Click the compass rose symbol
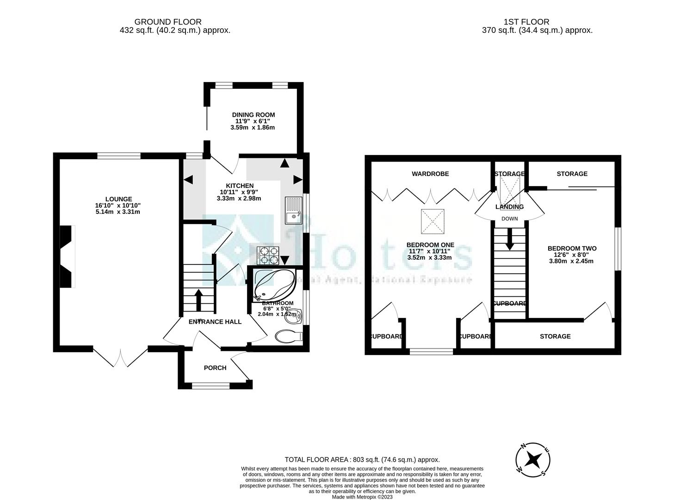pos(533,460)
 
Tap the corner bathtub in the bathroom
pos(273,283)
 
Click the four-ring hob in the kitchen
pos(268,254)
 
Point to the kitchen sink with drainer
pos(293,210)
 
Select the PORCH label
pos(215,368)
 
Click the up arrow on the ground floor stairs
pos(199,299)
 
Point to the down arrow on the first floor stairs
pos(509,241)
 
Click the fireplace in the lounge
pos(67,256)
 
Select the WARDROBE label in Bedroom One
pos(430,174)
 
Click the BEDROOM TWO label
pos(572,248)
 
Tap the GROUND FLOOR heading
pos(168,22)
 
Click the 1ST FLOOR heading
pos(526,22)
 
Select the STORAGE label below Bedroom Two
pos(555,336)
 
